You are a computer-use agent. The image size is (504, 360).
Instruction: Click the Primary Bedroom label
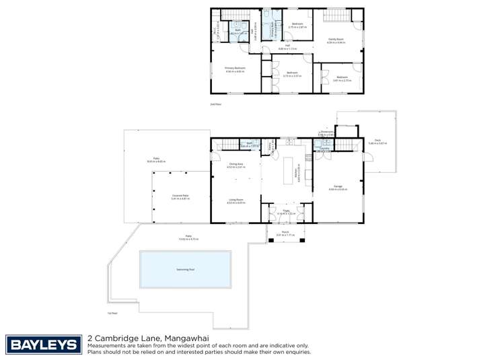click(235, 69)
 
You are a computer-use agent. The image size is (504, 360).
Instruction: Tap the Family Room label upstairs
click(336, 40)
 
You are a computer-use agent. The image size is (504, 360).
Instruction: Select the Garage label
click(338, 188)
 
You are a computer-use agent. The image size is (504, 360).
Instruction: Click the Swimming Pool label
click(185, 268)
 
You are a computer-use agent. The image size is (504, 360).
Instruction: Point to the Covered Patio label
click(180, 196)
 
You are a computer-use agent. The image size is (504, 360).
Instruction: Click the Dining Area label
click(236, 165)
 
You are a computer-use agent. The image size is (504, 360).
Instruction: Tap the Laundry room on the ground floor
click(324, 147)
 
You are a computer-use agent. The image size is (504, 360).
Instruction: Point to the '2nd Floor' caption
click(215, 104)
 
